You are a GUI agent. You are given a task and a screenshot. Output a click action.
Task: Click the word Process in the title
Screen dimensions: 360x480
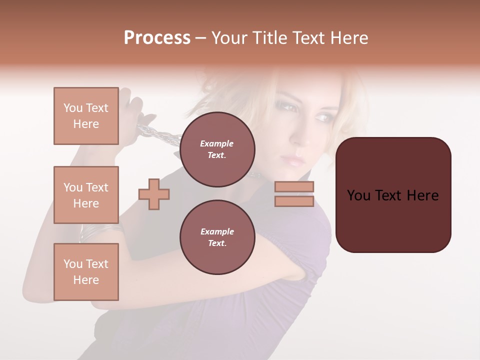157,38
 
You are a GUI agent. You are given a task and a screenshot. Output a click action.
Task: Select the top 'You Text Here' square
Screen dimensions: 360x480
86,116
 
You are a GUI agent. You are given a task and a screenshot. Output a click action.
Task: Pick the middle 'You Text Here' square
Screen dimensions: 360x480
86,195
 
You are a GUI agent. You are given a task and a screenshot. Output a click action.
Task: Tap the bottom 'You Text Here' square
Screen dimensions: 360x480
86,271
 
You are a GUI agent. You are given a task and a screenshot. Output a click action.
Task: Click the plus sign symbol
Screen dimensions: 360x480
154,194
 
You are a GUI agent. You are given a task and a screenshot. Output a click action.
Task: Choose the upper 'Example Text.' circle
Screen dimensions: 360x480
217,149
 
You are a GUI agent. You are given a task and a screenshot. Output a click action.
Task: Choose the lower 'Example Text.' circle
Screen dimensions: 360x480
217,237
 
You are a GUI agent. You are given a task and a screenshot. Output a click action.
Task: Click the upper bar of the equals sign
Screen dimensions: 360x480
294,187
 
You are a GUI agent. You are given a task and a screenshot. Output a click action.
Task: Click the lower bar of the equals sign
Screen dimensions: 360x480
294,201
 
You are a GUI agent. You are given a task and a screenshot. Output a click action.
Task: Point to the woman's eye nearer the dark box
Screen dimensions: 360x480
320,116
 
